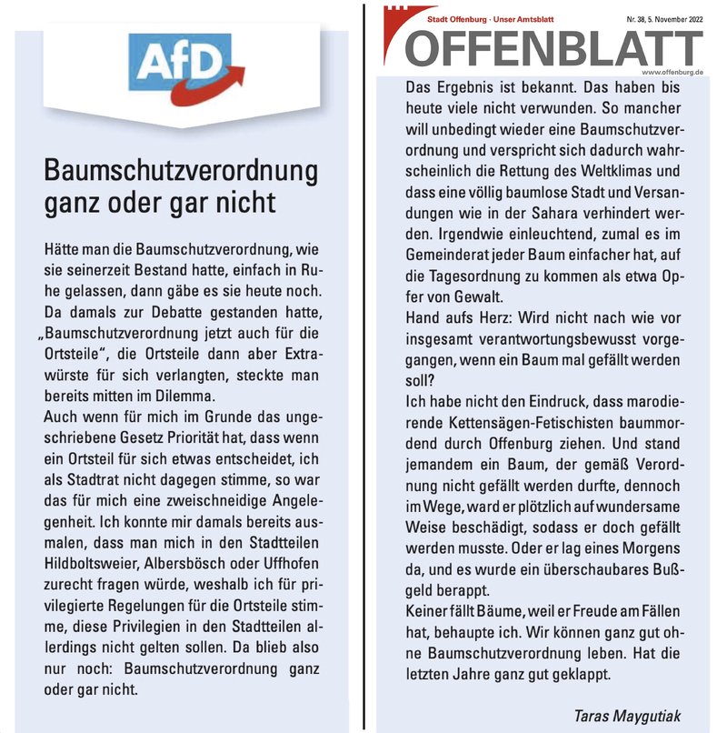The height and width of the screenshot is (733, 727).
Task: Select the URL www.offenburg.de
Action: click(x=672, y=72)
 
